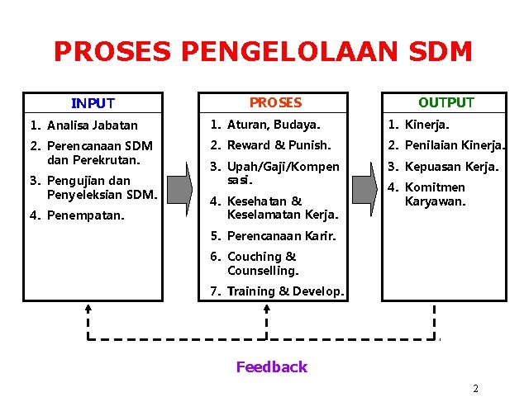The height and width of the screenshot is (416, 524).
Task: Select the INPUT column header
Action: [93, 103]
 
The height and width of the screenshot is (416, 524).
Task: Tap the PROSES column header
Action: [275, 103]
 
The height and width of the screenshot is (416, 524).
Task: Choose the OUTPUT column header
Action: [445, 102]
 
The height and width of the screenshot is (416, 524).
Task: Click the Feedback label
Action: [271, 367]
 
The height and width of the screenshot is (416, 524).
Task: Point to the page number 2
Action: [475, 388]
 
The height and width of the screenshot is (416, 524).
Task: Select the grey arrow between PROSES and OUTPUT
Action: [364, 187]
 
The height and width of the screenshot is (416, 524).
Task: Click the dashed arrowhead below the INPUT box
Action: [88, 309]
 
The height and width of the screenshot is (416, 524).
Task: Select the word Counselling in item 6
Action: [263, 271]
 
